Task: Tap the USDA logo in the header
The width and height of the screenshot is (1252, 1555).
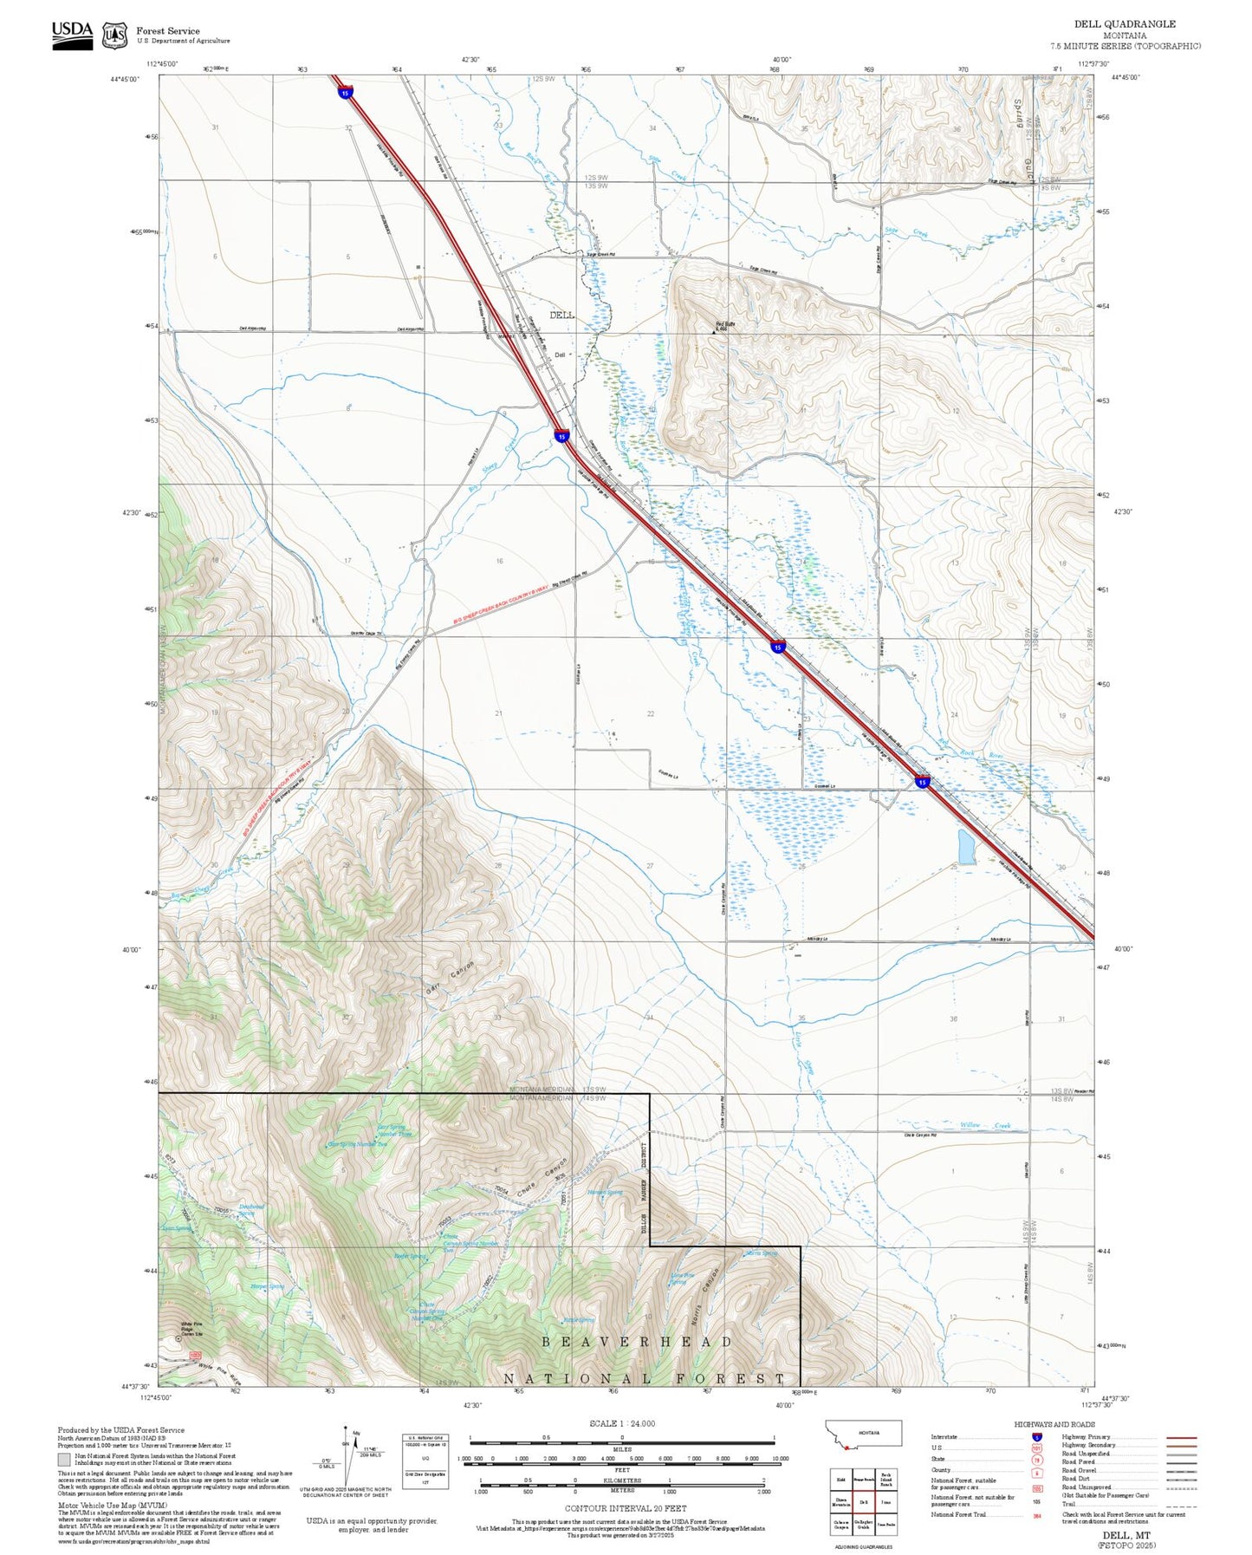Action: (x=72, y=34)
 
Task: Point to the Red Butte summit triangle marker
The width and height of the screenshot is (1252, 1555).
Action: (x=714, y=332)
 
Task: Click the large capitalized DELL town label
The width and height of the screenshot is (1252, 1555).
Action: (x=561, y=316)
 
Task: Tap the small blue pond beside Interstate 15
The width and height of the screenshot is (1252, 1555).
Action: (x=966, y=846)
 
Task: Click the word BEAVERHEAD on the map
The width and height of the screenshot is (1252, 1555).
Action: (x=637, y=1342)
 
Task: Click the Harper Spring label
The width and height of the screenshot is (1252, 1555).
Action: (x=267, y=1286)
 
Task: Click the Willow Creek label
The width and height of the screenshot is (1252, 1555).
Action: (x=985, y=1125)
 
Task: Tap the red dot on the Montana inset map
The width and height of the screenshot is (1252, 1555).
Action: (x=845, y=1447)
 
